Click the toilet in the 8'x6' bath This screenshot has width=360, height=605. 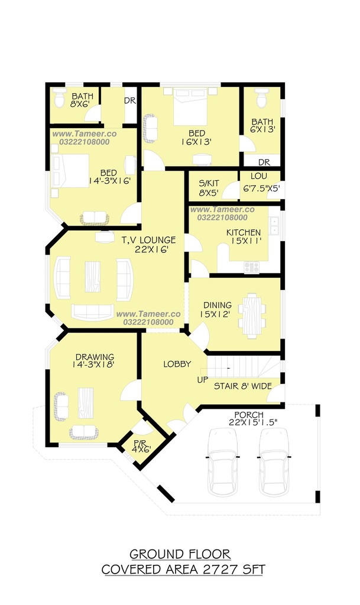coord(60,99)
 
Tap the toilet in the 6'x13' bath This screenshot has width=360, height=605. coord(262,99)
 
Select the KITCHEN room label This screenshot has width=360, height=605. coord(244,233)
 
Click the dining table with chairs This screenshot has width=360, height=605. coord(252,315)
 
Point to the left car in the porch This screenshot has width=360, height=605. coord(223,461)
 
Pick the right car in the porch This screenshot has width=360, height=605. coord(274,461)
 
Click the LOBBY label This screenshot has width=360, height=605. coord(177,364)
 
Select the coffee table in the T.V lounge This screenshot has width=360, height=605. coord(93,277)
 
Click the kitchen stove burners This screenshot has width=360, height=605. coord(252,267)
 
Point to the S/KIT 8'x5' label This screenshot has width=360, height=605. coord(209,188)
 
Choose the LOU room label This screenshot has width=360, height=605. coord(258,176)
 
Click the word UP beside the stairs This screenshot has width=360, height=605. coord(203,380)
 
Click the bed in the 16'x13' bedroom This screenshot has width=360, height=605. coord(190,107)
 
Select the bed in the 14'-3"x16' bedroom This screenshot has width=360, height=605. coord(70,171)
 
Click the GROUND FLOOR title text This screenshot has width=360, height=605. coord(180,554)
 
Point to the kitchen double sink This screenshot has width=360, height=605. coord(274,226)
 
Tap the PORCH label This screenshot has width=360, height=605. coord(249,415)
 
